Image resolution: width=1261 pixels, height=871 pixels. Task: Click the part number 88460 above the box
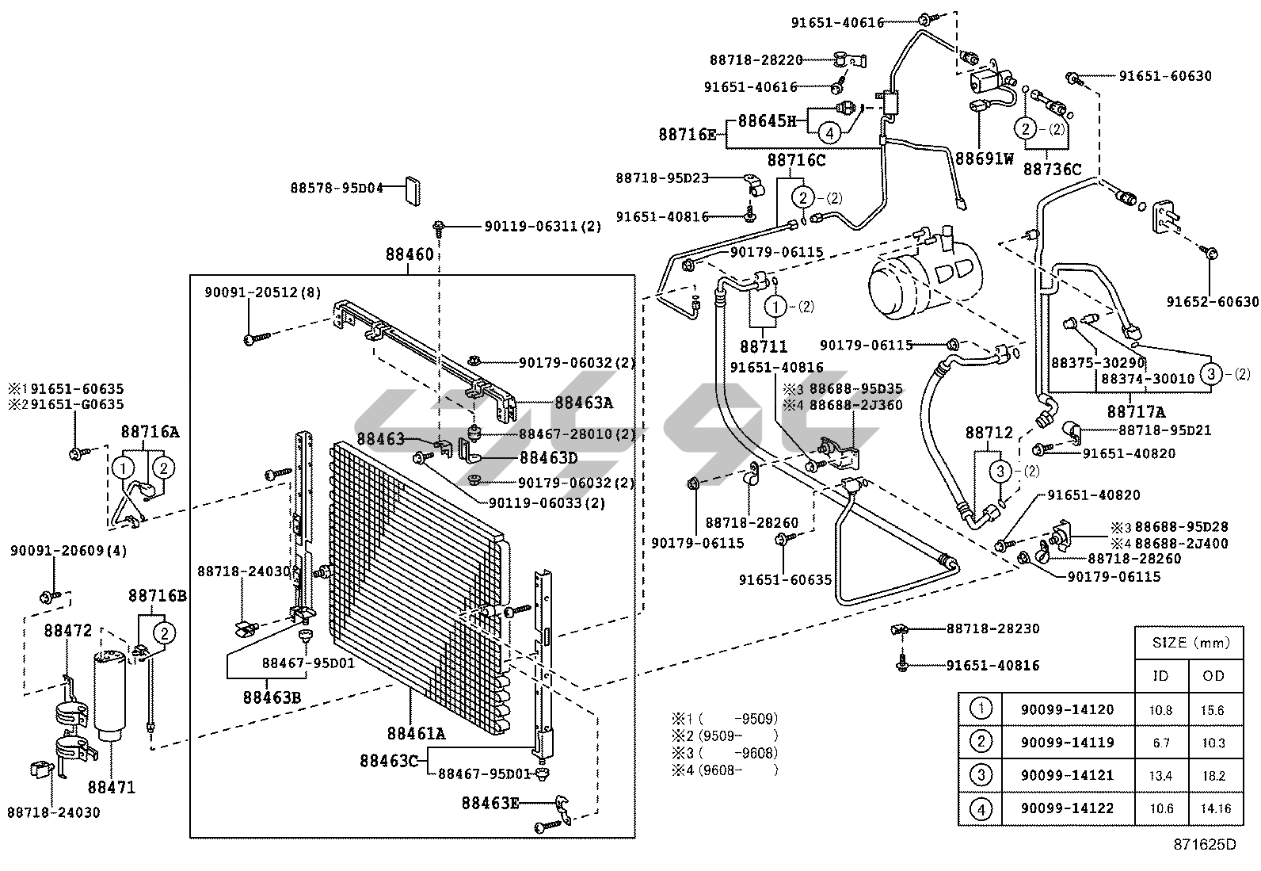[x=410, y=254]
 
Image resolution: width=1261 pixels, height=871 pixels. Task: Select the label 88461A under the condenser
[x=416, y=733]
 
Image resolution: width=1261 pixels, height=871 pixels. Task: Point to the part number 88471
[x=111, y=787]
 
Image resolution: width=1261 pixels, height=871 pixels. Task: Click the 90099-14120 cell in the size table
[x=1067, y=709]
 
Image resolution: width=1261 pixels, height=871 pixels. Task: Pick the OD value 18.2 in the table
[x=1213, y=776]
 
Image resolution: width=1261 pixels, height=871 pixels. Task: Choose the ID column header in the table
[x=1160, y=675]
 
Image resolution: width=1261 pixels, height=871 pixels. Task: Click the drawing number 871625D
[x=1203, y=846]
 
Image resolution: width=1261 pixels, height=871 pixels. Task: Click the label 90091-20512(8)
[x=262, y=292]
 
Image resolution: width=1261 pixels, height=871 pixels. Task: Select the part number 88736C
[x=1052, y=169]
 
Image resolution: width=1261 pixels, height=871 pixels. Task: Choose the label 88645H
[x=766, y=121]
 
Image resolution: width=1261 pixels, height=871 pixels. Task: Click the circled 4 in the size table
[x=980, y=809]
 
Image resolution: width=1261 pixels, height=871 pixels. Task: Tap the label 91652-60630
[x=1212, y=301]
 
